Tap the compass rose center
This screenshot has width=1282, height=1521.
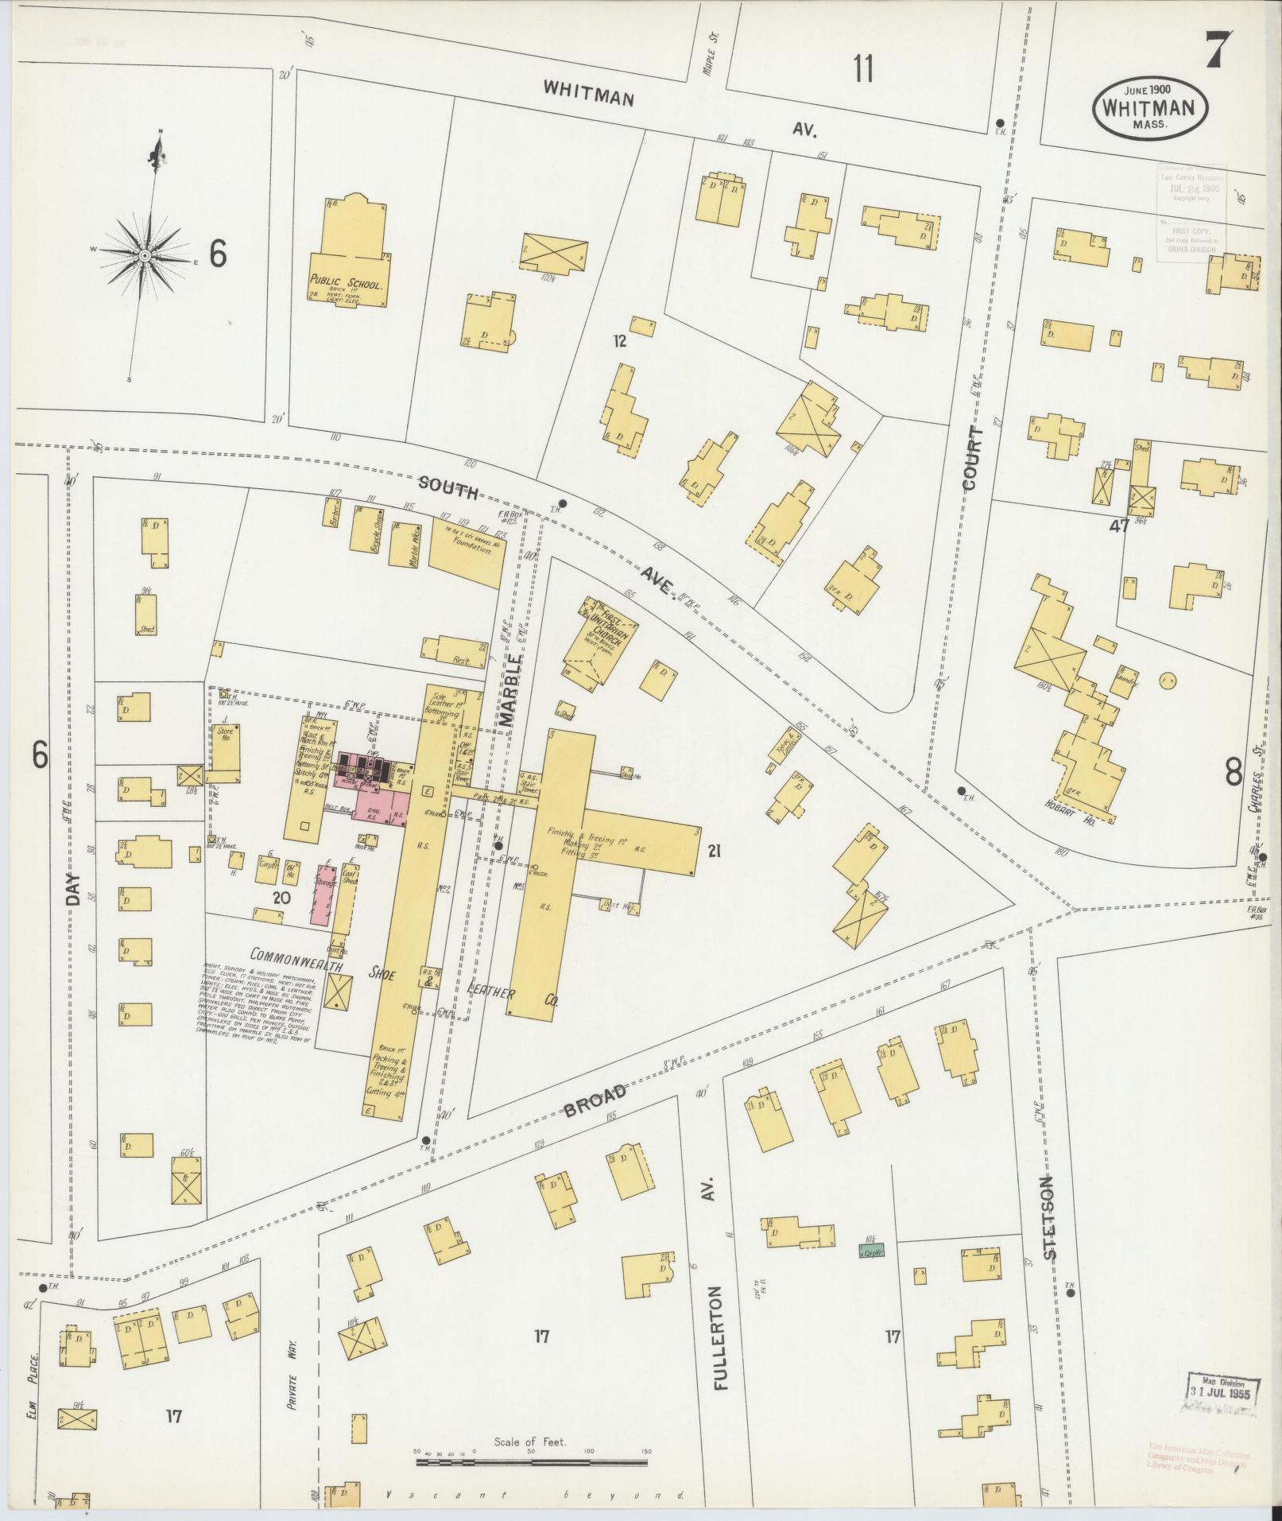coord(145,255)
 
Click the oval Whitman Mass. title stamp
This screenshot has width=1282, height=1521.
coord(1151,110)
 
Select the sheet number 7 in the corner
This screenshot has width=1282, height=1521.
coord(1218,51)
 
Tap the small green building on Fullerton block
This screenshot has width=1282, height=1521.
coord(871,1250)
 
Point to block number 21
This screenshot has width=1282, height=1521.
coord(714,852)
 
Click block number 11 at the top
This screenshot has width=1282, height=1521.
coord(863,69)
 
